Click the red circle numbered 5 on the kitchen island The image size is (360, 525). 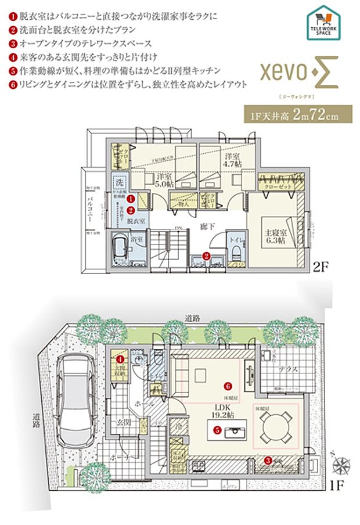(216, 431)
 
